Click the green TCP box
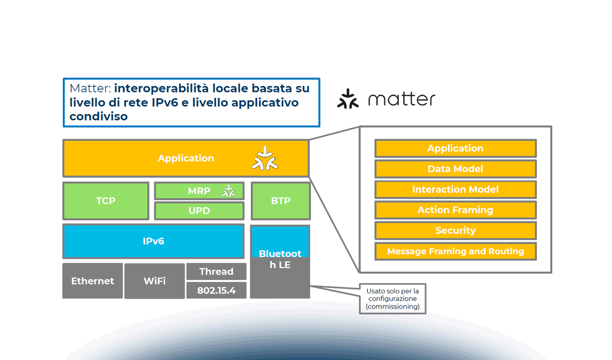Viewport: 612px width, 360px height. pos(106,201)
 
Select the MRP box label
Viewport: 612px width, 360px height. pos(199,191)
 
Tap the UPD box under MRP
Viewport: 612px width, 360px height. pos(199,211)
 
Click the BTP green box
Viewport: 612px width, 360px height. pos(280,201)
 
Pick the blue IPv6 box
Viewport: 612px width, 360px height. pos(153,241)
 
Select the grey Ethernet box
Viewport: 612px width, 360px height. pos(92,281)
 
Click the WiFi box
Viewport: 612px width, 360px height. pos(154,281)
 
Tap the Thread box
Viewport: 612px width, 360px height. pos(216,271)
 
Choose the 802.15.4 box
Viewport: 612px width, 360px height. pos(216,290)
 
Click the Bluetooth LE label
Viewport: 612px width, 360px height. pos(280,259)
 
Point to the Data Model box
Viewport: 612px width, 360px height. pos(455,169)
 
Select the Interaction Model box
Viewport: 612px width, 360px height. pos(455,189)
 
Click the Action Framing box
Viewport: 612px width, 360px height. pos(455,210)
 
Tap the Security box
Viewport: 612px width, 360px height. pos(455,230)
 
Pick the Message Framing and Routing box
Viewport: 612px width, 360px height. pos(455,251)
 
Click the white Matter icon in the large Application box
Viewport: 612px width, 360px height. pos(265,159)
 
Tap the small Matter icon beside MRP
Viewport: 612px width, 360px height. pos(229,191)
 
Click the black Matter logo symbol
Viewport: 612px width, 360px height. pos(348,99)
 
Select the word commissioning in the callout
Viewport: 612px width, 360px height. pos(392,307)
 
